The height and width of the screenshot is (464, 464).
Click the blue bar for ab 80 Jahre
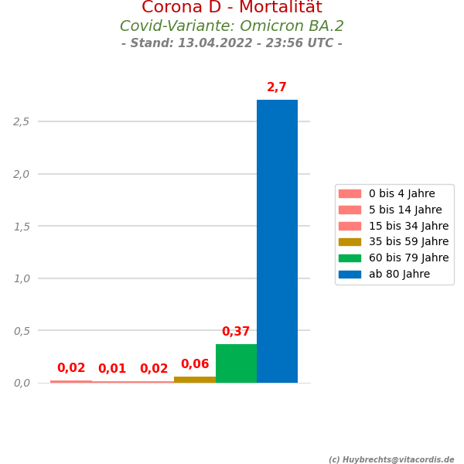(277, 241)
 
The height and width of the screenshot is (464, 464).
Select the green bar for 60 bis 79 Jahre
(236, 363)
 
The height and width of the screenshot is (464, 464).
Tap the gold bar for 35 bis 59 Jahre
(195, 380)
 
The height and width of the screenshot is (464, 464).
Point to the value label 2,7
(277, 88)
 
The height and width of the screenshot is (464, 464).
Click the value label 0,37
(236, 332)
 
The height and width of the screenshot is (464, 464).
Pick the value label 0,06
(195, 364)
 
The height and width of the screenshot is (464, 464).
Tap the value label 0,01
(112, 369)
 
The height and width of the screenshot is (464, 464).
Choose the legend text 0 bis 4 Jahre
(401, 194)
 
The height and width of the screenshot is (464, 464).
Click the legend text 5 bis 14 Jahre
(405, 210)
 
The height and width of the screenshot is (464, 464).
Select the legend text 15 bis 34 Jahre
(408, 226)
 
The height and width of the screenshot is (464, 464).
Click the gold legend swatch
(350, 242)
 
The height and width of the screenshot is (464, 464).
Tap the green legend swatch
(350, 258)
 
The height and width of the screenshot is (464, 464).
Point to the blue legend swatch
(350, 275)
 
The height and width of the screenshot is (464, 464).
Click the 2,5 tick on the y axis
(22, 121)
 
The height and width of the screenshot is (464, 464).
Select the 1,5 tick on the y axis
(22, 226)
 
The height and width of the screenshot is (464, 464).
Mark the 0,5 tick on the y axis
(22, 330)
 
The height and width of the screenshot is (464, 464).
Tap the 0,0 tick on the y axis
(22, 383)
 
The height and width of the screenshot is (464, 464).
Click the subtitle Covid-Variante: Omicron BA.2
(232, 26)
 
